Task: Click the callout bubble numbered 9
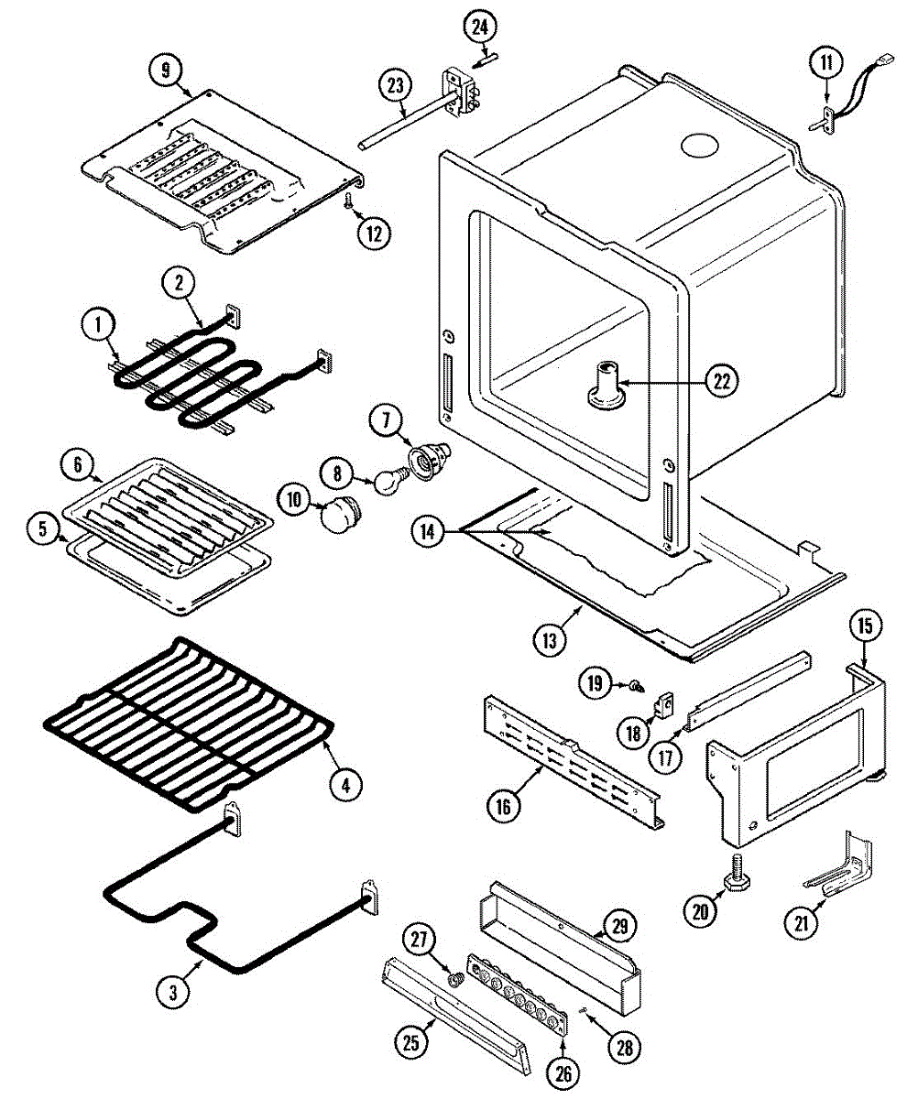[x=165, y=71]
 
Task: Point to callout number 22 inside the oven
[x=721, y=382]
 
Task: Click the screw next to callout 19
[x=633, y=683]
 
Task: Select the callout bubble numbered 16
[x=505, y=805]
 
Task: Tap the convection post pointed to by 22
[x=606, y=385]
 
